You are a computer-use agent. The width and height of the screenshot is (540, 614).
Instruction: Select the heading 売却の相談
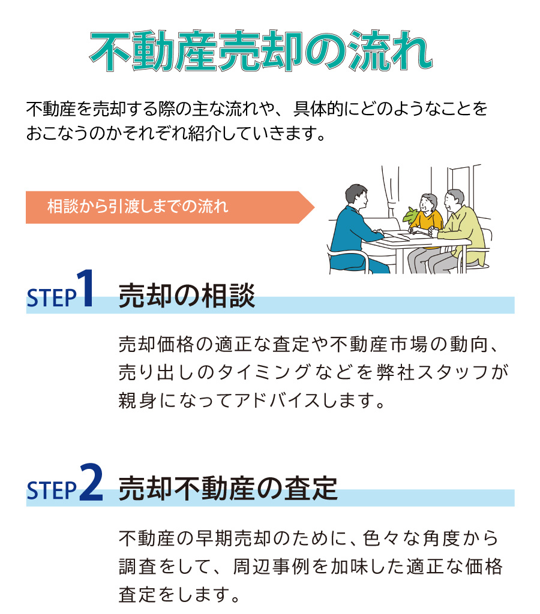187,296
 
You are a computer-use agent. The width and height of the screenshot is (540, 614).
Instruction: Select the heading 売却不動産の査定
228,489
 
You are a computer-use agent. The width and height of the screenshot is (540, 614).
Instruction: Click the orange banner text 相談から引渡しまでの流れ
137,207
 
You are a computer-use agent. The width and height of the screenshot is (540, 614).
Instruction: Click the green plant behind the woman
412,214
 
